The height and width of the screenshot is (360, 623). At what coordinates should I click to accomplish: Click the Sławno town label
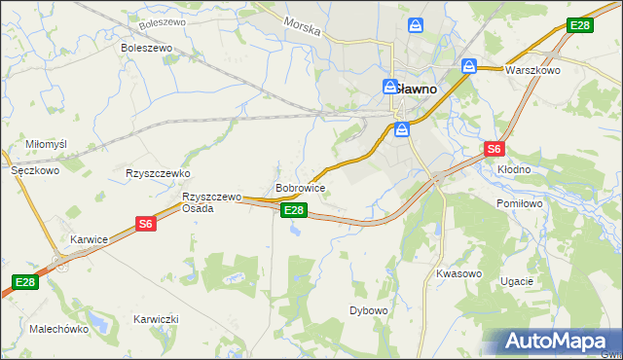pos(414,88)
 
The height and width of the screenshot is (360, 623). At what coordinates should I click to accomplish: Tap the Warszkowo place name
pos(531,70)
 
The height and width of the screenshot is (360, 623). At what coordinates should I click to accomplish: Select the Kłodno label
pos(514,169)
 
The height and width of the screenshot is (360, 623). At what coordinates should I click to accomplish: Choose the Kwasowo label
pos(459,273)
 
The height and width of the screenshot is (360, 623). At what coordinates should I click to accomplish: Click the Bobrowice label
pos(300,187)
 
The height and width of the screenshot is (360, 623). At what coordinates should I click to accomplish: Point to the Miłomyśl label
pos(46,144)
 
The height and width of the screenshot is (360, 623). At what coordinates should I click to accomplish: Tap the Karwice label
pos(89,238)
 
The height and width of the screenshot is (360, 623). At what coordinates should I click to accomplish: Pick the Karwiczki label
pos(157,319)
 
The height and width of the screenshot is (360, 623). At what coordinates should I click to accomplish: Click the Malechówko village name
pos(58,329)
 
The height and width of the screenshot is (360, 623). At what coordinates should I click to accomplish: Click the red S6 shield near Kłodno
pos(495,149)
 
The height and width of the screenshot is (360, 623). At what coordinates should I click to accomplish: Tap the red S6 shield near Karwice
pos(145,224)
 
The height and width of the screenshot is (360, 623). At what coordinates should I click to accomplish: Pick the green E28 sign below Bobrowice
pos(295,210)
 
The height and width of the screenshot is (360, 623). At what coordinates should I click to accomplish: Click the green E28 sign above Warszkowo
pos(580,25)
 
